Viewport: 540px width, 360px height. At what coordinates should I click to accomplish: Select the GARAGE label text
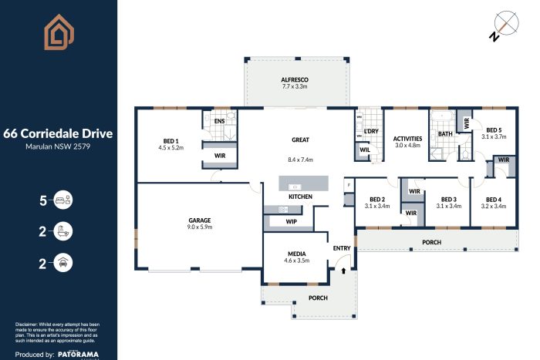200,220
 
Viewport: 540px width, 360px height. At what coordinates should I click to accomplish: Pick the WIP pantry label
292,221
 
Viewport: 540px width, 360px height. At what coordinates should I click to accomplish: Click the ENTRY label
342,247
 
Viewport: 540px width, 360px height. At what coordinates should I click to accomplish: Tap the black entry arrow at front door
343,271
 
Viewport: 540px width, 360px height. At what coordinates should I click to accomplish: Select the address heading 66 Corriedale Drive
59,133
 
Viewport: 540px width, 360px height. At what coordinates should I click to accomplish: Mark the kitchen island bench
303,186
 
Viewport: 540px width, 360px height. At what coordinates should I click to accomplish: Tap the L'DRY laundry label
371,132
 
